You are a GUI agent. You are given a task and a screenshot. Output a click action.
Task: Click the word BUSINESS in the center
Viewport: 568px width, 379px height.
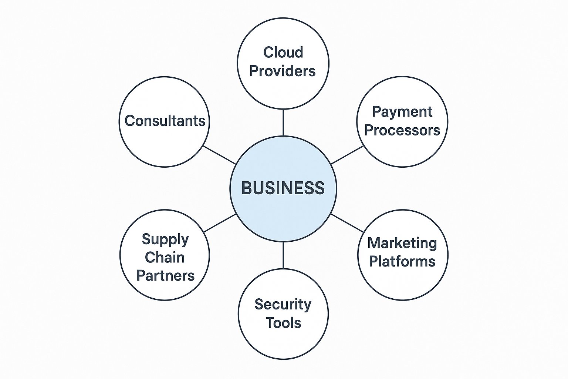(283, 188)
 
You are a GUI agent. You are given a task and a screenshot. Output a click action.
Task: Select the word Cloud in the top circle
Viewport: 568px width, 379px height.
(283, 52)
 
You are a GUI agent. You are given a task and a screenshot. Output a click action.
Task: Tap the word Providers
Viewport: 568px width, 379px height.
(283, 71)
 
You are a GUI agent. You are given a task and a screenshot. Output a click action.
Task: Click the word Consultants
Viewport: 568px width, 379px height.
(165, 121)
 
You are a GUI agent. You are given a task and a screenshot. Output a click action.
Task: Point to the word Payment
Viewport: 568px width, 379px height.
(402, 112)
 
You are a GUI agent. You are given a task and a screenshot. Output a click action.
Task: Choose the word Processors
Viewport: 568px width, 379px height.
(402, 130)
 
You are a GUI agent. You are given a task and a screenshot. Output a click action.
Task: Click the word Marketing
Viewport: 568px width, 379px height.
(402, 243)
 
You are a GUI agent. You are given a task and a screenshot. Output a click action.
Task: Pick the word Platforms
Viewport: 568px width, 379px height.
(402, 261)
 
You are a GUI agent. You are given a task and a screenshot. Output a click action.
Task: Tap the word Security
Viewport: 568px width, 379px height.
(283, 304)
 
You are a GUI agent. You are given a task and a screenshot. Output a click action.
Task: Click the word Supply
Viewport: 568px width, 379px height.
(165, 239)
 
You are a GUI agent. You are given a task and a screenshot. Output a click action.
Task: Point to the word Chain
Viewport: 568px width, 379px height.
(165, 257)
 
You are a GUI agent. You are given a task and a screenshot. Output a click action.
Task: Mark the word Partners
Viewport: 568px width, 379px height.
(165, 276)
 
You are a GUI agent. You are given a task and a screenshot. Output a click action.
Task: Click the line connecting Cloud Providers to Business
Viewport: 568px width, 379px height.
(283, 123)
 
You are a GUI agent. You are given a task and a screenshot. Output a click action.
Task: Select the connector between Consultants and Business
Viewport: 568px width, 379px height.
(219, 155)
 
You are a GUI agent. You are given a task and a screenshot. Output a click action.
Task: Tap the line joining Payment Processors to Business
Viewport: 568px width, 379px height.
(347, 155)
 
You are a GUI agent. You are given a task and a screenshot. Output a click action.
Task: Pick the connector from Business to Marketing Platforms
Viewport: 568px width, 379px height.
(347, 223)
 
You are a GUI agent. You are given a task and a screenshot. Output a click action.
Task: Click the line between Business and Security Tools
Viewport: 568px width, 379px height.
(283, 255)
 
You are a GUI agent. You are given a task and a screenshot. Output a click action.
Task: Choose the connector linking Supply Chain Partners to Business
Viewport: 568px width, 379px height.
(220, 223)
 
